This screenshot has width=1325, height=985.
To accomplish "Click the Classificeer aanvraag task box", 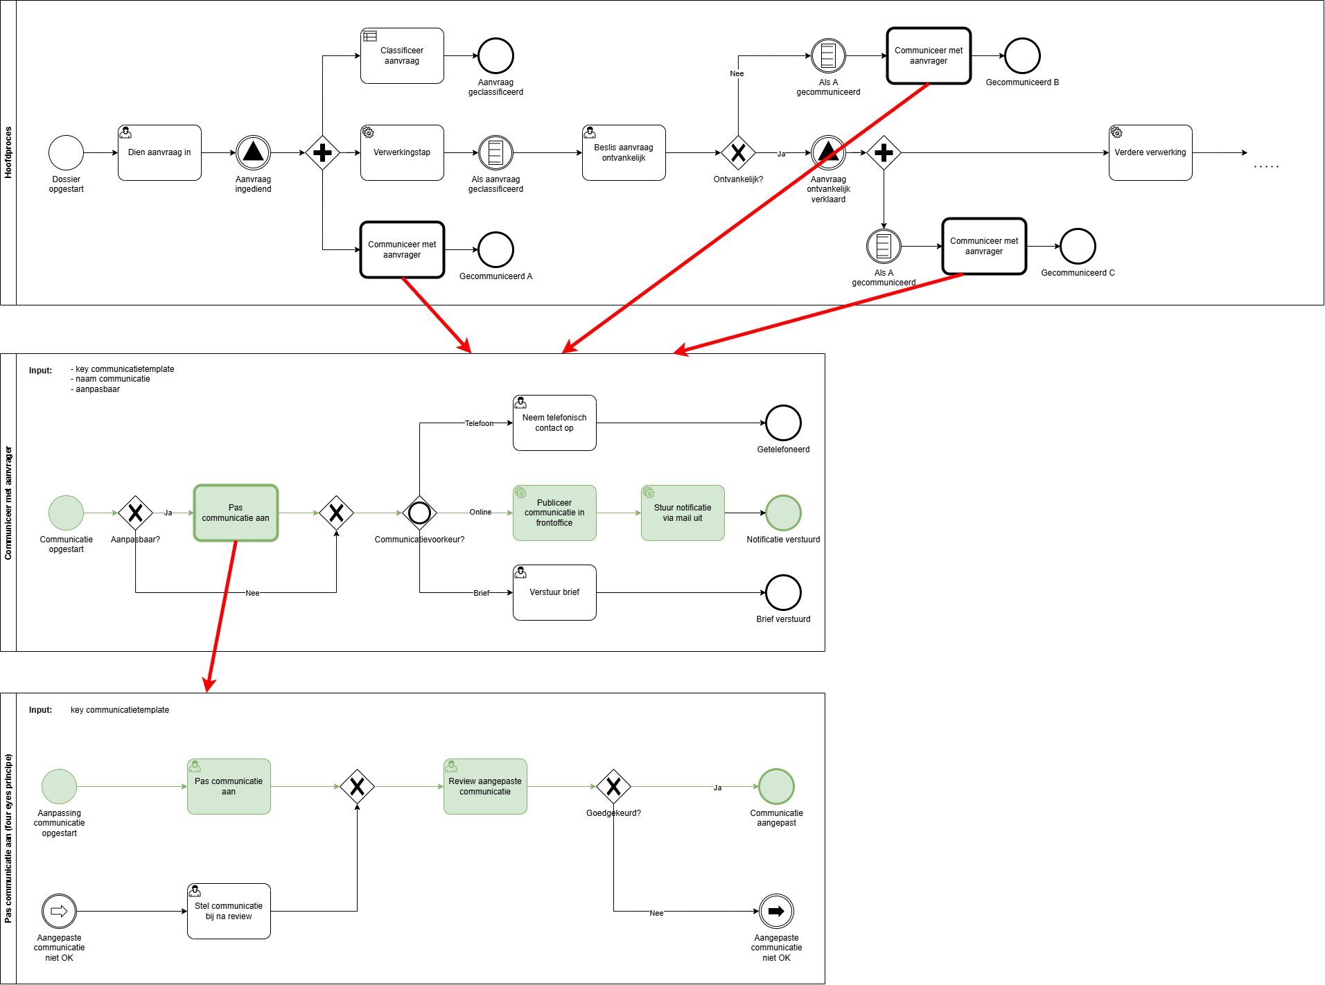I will (x=402, y=55).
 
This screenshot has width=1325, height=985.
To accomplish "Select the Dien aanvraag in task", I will (x=159, y=152).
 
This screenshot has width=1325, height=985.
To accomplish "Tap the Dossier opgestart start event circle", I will (x=66, y=152).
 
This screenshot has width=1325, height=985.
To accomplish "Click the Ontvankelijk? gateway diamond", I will (x=738, y=152).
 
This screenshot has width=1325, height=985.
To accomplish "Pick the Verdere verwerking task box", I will (x=1150, y=152).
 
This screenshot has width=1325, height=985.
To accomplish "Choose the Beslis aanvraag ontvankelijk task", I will (x=624, y=152).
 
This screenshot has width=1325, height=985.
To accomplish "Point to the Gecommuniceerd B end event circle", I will (x=1022, y=55).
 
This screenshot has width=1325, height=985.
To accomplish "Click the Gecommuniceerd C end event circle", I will (x=1078, y=246).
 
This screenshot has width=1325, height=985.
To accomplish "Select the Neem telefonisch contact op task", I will (x=554, y=423).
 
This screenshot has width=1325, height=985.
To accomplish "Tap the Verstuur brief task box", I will (x=554, y=592).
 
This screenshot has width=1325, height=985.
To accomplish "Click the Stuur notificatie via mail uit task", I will (x=683, y=513).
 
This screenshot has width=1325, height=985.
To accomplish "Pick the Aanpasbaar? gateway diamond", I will (x=135, y=513).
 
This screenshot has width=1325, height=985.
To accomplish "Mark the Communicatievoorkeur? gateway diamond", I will (x=419, y=513).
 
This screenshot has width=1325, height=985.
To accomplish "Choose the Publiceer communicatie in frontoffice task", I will (x=554, y=513).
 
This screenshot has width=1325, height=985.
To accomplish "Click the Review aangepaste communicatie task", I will (x=485, y=786).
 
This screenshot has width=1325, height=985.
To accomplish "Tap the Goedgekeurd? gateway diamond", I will (x=613, y=786).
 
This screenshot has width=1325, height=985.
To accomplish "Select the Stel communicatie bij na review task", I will (x=229, y=911).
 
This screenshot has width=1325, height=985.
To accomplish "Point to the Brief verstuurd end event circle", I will (x=783, y=592).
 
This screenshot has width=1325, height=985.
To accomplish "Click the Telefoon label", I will (x=479, y=423).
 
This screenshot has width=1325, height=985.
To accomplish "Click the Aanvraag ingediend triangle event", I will (x=253, y=152).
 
